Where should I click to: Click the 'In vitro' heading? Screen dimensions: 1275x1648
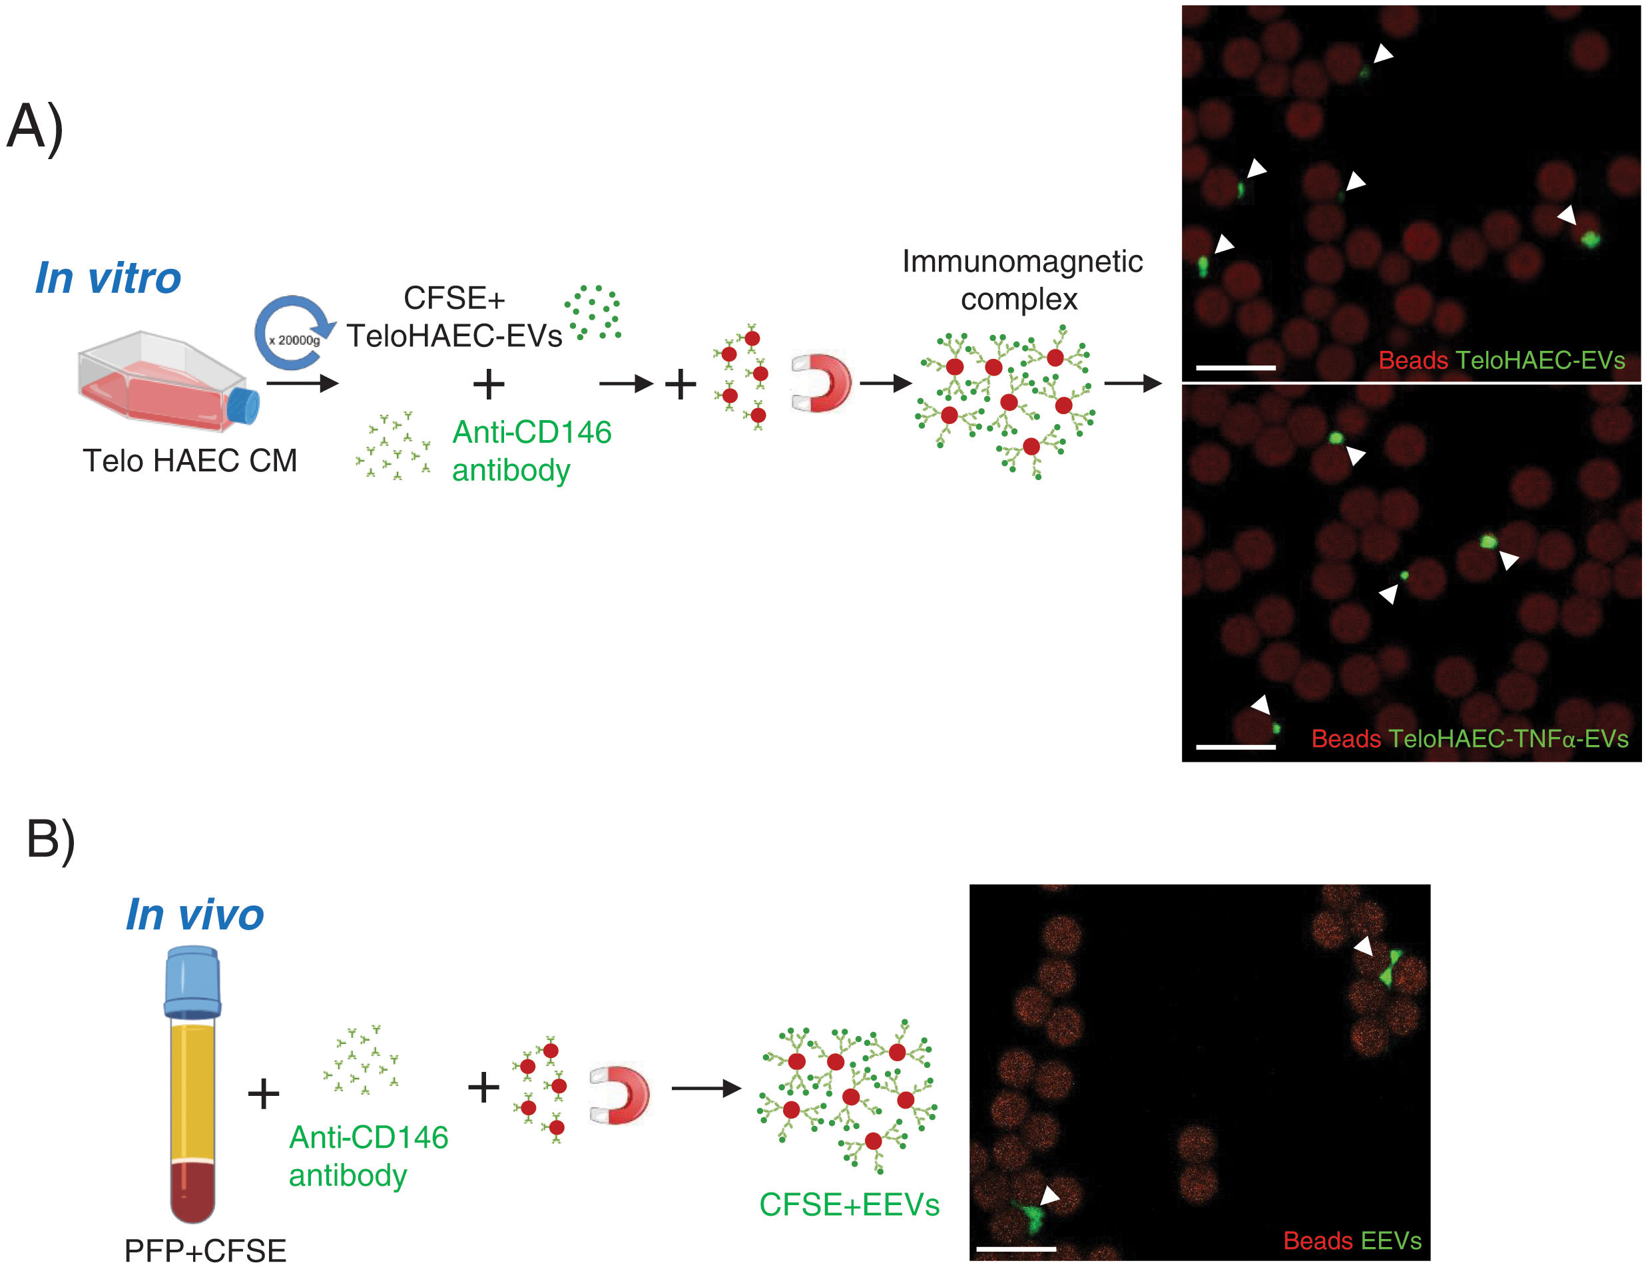(x=108, y=278)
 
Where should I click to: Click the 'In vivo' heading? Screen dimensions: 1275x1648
(x=194, y=915)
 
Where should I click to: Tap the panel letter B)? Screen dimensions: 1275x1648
(x=51, y=838)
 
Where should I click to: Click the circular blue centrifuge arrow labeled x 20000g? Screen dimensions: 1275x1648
(x=294, y=333)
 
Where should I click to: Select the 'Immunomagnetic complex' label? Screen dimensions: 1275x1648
(x=1021, y=280)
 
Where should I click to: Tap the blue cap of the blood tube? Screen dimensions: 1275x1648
(x=193, y=981)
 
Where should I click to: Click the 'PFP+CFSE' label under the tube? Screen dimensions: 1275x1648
(x=205, y=1250)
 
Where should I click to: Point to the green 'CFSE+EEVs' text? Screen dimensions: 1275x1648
(x=849, y=1204)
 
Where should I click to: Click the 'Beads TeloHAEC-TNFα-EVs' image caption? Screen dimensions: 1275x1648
(x=1469, y=738)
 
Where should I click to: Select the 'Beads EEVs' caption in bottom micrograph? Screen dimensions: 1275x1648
(x=1352, y=1240)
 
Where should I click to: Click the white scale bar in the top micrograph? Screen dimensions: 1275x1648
(x=1235, y=368)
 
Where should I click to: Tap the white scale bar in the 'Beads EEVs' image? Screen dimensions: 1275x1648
(x=1015, y=1248)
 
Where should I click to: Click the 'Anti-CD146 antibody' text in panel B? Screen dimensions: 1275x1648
(x=368, y=1156)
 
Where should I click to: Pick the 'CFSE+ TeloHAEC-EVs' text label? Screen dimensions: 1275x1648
(x=454, y=317)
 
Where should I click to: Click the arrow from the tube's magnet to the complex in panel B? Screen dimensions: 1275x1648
(x=706, y=1088)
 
